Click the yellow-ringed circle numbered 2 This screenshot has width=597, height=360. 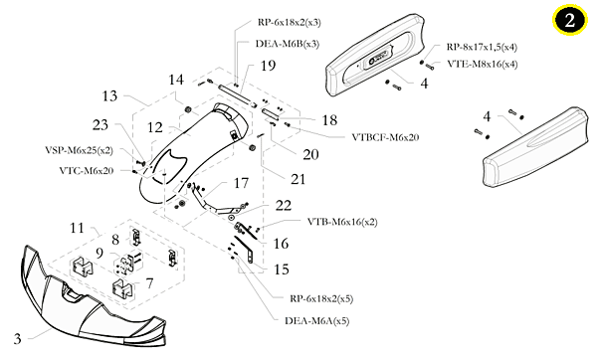(x=569, y=20)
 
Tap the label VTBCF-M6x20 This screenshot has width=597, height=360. (x=385, y=137)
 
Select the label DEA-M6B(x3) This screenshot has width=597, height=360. (x=288, y=44)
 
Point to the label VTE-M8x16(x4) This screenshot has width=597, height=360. (x=483, y=64)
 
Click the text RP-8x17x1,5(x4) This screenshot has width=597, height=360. (x=482, y=47)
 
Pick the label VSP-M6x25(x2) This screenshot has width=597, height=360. (x=80, y=150)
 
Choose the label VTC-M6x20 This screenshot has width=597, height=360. (x=87, y=171)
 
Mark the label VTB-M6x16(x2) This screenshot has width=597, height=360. (x=342, y=222)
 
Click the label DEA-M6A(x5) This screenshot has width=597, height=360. (x=317, y=321)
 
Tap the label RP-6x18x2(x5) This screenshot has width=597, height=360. (x=321, y=298)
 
